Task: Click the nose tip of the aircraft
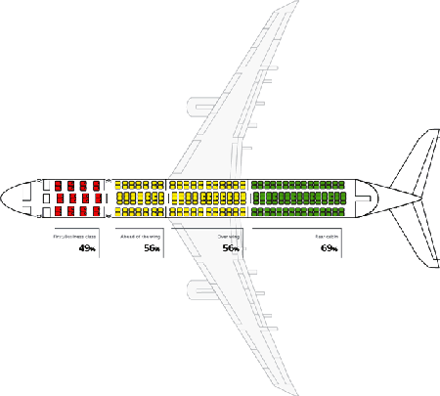pos(3,198)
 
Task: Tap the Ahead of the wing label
pos(140,237)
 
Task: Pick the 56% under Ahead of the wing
pos(151,249)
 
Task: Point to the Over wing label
pos(228,237)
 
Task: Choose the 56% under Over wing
pos(230,249)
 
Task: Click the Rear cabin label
pos(327,237)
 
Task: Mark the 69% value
pos(329,249)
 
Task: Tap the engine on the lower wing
pos(199,292)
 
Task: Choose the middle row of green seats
pos(299,198)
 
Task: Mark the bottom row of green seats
pos(299,211)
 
